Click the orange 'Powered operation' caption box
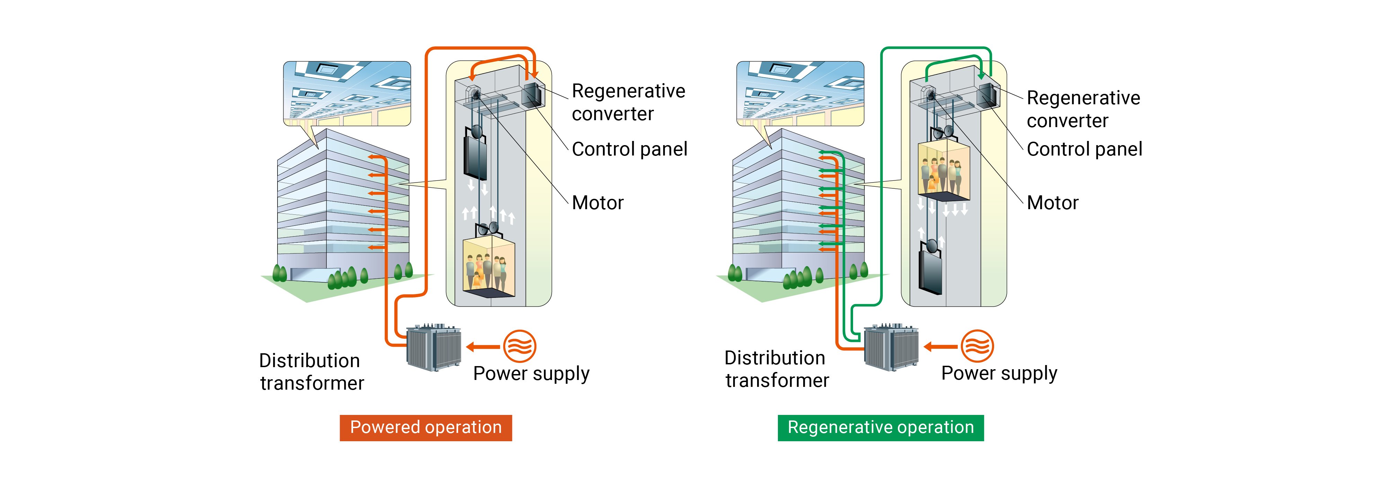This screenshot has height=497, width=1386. pos(426,428)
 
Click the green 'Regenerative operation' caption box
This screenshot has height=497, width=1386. pos(880,428)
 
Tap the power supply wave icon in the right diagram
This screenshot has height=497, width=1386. pos(976,346)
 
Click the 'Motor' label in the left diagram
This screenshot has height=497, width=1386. pos(597,203)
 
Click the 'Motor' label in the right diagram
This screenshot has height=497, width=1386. pos(1052,203)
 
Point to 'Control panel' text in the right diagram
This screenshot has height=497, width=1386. pos(1084,149)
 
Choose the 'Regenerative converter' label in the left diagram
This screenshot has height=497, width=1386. pos(628,102)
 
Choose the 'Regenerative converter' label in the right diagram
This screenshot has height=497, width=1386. pos(1083,109)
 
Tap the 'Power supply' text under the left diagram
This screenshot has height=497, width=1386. pos(531,373)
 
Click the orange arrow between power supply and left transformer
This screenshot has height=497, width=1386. pos(483,347)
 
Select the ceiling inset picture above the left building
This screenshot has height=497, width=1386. pos(347,94)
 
